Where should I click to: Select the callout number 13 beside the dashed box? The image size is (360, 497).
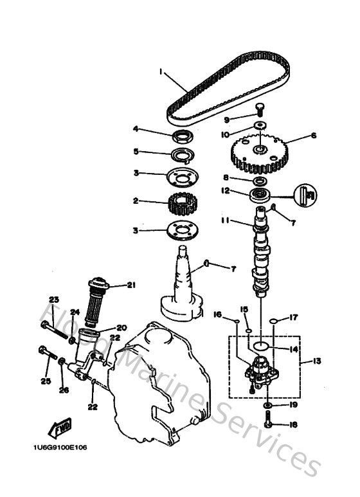[317, 361]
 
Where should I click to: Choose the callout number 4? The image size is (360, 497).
[136, 129]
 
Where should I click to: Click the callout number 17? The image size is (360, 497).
[295, 317]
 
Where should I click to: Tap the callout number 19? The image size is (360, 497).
[294, 405]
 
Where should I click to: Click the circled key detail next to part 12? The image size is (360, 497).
[308, 194]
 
